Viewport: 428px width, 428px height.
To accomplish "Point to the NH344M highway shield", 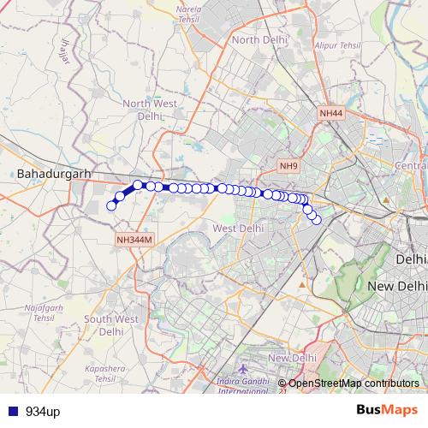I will [x=134, y=241].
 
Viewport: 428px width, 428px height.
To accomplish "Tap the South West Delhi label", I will [x=111, y=325].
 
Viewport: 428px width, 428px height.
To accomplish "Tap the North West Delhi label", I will [x=150, y=110].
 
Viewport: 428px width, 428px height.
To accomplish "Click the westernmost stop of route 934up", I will [x=111, y=205].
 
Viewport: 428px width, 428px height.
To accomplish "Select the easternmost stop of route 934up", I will [x=316, y=220].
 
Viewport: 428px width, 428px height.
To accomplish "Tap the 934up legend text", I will [x=43, y=412].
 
